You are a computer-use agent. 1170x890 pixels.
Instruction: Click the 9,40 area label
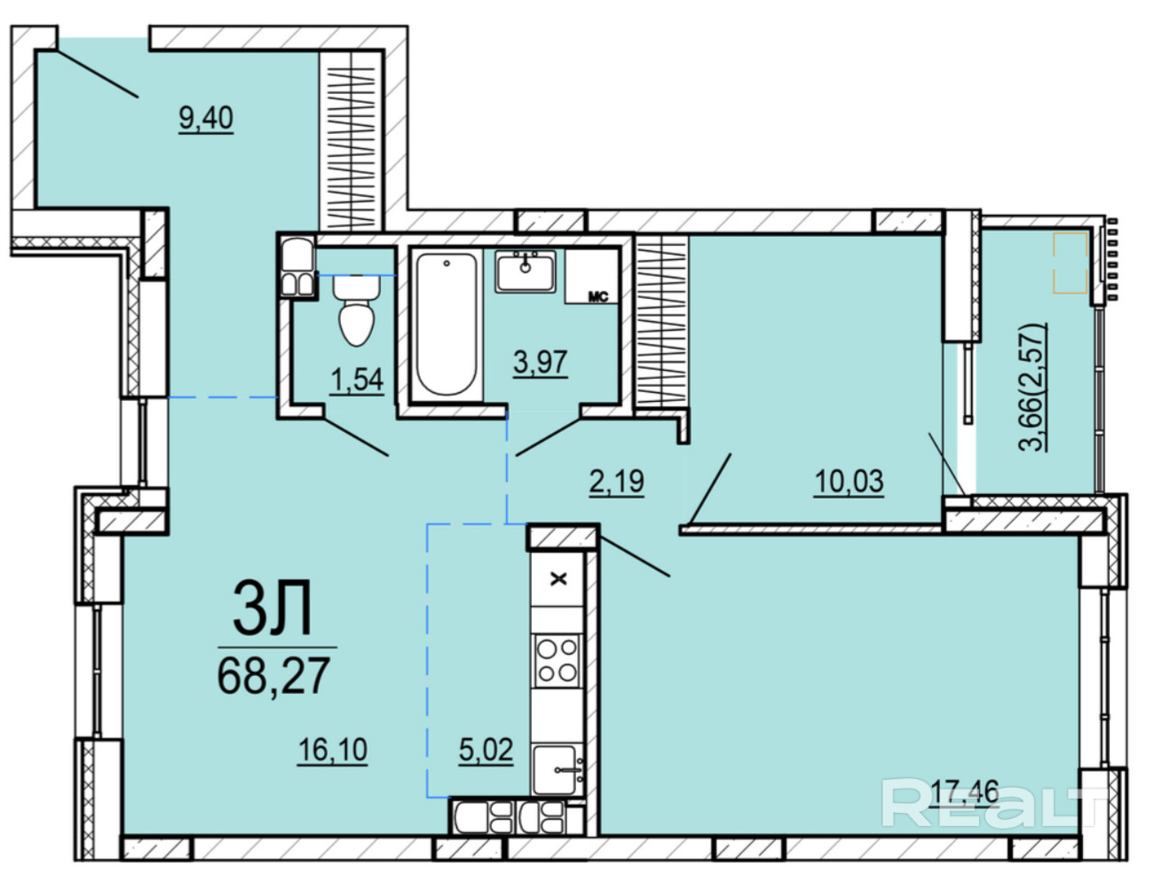[x=206, y=118]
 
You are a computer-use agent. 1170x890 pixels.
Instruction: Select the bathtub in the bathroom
[x=447, y=325]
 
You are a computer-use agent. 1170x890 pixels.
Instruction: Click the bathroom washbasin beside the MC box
[x=525, y=272]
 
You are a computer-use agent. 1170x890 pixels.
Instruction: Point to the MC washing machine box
[x=592, y=276]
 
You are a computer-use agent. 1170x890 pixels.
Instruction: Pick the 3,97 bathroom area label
[x=540, y=363]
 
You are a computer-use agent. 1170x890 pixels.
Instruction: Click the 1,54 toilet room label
[x=357, y=380]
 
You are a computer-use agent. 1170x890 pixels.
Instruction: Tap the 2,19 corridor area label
[x=616, y=481]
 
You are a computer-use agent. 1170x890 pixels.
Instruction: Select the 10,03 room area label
[x=849, y=481]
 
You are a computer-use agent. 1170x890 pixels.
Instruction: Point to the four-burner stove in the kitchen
[x=557, y=660]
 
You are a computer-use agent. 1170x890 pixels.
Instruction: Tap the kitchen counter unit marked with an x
[x=557, y=579]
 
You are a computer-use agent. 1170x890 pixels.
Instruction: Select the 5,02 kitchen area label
[x=486, y=750]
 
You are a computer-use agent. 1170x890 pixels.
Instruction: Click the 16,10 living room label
[x=333, y=750]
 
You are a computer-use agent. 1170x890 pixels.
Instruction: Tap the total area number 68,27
[x=273, y=675]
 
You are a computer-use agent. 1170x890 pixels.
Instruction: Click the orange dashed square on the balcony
[x=1071, y=262]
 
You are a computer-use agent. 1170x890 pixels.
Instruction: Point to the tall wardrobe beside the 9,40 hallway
[x=351, y=140]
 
